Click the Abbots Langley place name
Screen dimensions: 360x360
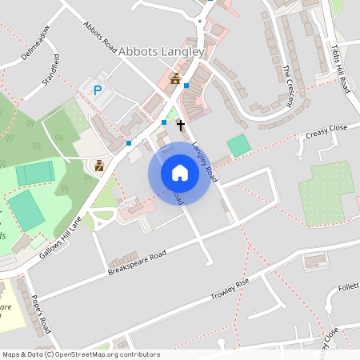[x=162, y=50]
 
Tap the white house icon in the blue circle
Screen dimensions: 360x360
[x=180, y=173]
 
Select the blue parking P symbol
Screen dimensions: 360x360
[x=98, y=91]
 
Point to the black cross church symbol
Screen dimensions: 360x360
[x=181, y=125]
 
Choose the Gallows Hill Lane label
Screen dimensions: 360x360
[x=60, y=238]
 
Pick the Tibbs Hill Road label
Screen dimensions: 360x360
[x=340, y=69]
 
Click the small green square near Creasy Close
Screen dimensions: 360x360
[x=238, y=146]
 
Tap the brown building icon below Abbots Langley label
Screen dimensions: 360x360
[x=175, y=78]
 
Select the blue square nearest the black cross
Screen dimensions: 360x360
[x=164, y=122]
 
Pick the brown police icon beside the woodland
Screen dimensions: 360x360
[x=99, y=166]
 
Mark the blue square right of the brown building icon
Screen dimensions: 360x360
[x=186, y=85]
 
